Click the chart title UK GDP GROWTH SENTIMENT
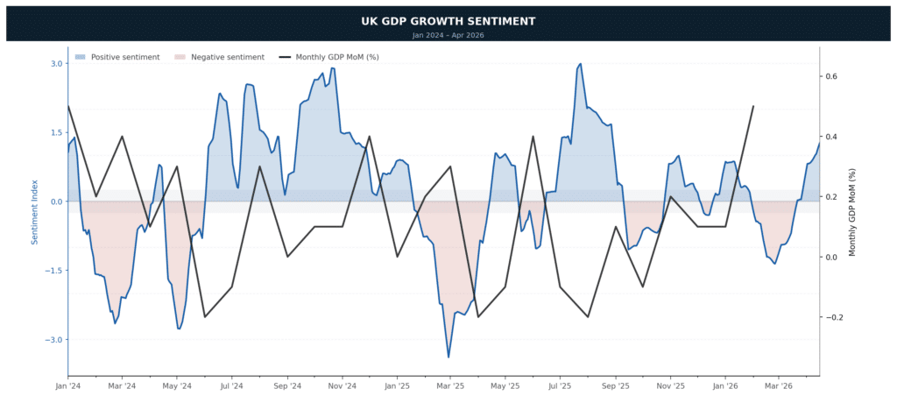coord(448,21)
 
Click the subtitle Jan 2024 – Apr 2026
coord(448,35)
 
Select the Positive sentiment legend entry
coord(117,57)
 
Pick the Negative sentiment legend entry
coord(219,57)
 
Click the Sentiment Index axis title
coord(35,211)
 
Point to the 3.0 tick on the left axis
coord(56,63)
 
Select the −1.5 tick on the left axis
coord(53,271)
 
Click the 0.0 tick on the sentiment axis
coord(56,202)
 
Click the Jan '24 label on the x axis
coord(67,385)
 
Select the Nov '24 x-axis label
coord(343,385)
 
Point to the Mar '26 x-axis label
coord(779,385)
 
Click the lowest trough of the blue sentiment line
coord(448,357)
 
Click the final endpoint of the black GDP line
coord(753,106)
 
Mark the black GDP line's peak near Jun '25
coord(533,137)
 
